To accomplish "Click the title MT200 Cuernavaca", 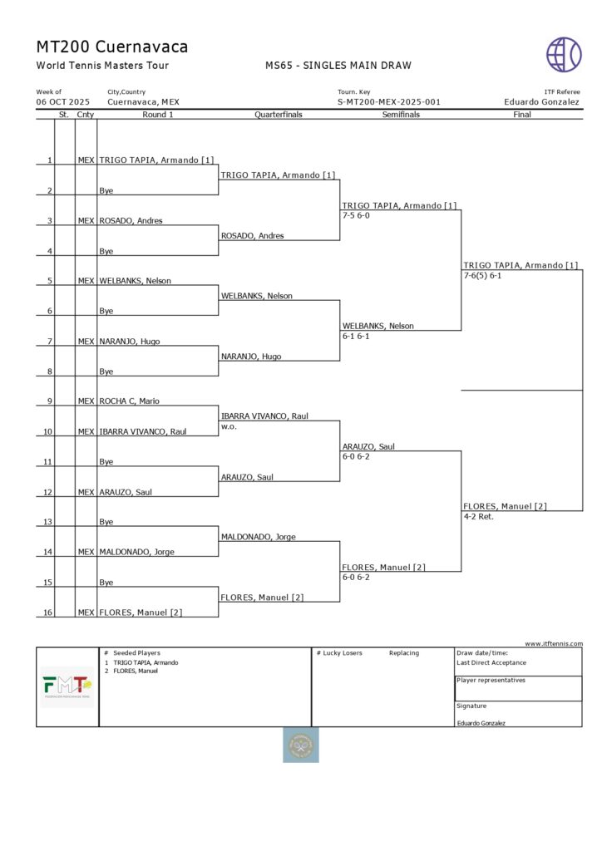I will coord(112,47).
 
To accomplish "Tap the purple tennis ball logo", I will coord(564,54).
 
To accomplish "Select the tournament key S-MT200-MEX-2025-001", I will coord(389,102).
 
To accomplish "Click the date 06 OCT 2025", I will coord(63,102).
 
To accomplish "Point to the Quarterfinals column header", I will coord(279,115).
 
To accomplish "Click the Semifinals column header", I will coord(401,115).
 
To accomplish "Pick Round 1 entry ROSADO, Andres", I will coord(131,221).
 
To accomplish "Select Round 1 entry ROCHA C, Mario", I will coord(130,401).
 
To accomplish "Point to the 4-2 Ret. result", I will coord(479,516).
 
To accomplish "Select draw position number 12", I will coord(49,492).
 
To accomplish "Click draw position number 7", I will coord(50,342).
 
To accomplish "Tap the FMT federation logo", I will coord(67,687).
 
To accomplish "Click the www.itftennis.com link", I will coord(554,643).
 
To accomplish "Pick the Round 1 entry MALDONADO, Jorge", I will coord(137,553).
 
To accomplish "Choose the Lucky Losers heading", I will coord(341,653).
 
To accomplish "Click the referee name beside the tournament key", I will coord(541,102).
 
